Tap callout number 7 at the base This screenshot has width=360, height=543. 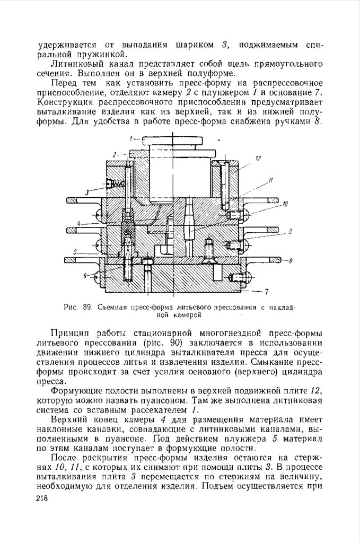(x=267, y=291)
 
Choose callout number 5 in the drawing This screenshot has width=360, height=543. (x=75, y=252)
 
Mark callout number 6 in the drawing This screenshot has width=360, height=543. (x=85, y=276)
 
